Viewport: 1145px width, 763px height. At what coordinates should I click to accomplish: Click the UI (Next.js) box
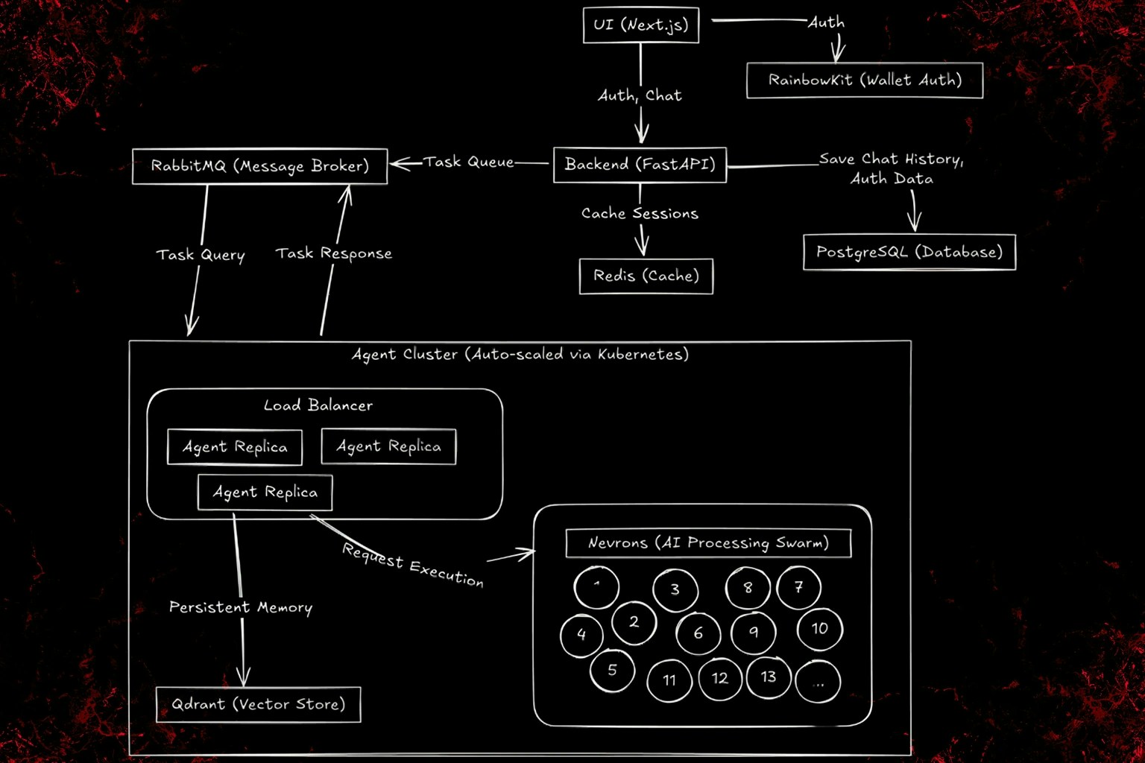click(641, 25)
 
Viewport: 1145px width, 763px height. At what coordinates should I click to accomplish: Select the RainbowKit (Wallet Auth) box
click(865, 80)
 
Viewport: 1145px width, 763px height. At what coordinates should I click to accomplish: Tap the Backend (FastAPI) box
click(640, 165)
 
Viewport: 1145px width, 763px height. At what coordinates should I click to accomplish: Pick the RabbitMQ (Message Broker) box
click(259, 166)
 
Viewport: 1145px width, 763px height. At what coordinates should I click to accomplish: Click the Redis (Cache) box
click(646, 276)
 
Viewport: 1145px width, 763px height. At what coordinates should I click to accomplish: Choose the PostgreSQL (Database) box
click(909, 253)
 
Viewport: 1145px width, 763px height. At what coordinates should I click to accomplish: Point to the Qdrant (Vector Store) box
click(258, 705)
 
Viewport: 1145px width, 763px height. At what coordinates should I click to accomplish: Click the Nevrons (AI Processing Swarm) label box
click(708, 543)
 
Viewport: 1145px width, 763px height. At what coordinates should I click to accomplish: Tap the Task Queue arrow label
click(469, 162)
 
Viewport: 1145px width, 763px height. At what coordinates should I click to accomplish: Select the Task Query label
click(201, 255)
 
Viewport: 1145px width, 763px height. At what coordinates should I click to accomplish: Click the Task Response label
click(333, 254)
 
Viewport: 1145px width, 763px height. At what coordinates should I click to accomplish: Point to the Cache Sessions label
click(640, 214)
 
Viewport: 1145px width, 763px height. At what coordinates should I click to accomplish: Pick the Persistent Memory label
click(240, 608)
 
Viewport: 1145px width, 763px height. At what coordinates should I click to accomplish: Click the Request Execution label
click(413, 566)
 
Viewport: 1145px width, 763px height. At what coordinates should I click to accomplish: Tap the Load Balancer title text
click(318, 406)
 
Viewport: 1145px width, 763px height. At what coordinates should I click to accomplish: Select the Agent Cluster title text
click(520, 355)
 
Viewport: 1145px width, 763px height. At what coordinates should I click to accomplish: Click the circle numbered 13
click(769, 677)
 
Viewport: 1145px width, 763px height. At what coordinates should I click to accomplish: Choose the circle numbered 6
click(698, 633)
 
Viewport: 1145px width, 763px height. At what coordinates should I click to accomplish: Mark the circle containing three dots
click(818, 681)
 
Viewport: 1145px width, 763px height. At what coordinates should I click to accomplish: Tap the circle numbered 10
click(819, 629)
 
